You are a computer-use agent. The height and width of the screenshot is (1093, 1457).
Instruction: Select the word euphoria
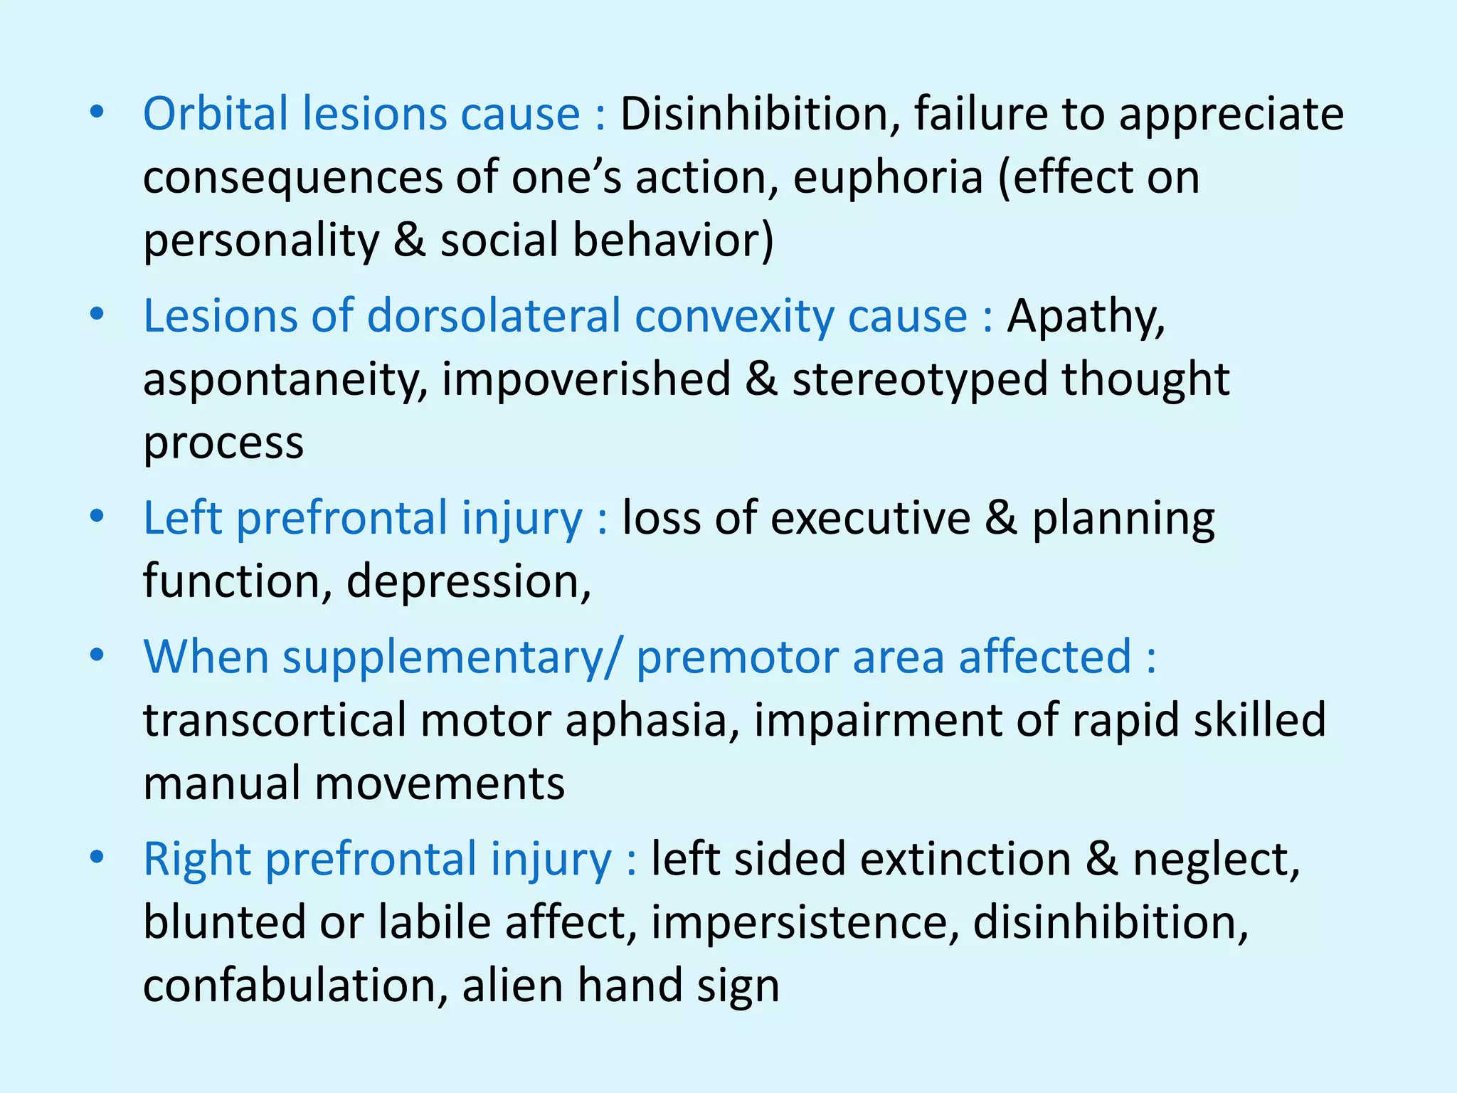coord(887,178)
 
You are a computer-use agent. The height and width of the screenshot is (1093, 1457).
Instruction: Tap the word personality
coord(261,241)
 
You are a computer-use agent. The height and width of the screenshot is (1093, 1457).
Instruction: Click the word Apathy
coord(1086,317)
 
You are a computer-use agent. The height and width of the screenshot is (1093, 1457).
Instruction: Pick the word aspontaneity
coord(285,379)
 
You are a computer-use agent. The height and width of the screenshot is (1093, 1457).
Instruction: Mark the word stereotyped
coord(920,379)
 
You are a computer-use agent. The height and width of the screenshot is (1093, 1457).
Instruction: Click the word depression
coord(467,581)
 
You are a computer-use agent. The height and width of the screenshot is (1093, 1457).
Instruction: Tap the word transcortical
coord(275,719)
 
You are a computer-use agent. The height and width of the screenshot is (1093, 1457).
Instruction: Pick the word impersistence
coord(800,922)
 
